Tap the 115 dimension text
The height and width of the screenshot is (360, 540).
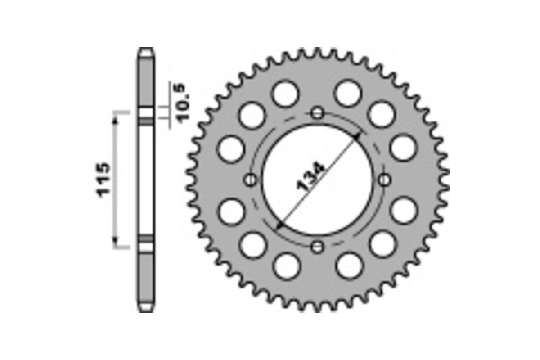click(x=103, y=179)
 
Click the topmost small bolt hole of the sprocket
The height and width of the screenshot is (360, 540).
click(x=318, y=113)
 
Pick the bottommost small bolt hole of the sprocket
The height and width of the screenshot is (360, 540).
click(x=318, y=246)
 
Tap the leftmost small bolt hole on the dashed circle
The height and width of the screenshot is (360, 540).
click(x=251, y=180)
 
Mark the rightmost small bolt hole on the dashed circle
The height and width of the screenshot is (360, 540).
click(x=384, y=180)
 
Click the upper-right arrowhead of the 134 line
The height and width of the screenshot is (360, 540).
click(x=357, y=136)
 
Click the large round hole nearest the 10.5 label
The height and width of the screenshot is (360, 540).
click(x=252, y=115)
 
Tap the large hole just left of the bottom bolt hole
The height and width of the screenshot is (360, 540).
click(x=286, y=265)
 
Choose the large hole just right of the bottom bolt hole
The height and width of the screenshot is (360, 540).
click(x=349, y=265)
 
